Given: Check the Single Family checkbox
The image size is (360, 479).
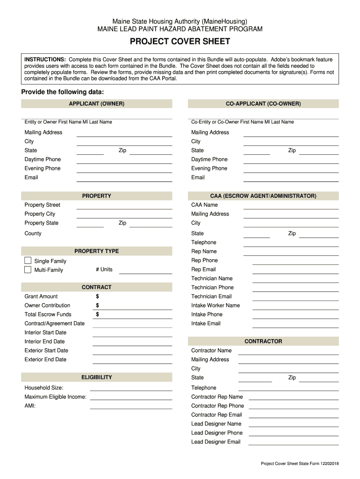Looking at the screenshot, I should point(28,261).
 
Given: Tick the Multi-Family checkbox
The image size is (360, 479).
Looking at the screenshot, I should point(28,270).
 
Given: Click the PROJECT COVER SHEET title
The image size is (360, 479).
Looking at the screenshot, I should point(180,42).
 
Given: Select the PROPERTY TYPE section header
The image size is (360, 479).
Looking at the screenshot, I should point(96,251).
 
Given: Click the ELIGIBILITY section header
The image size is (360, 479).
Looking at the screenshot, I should point(96,377).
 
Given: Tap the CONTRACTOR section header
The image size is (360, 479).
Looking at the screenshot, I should point(263,341).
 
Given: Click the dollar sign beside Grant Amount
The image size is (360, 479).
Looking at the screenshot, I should point(97,297).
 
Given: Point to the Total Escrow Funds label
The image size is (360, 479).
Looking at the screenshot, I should point(48,314).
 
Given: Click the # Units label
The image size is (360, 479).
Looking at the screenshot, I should point(104,269).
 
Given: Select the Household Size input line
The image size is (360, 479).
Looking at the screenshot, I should point(131,388).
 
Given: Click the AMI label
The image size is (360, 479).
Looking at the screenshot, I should point(30,406).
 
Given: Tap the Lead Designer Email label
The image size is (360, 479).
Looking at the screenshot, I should point(216,442).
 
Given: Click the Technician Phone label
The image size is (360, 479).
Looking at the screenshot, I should point(212,287).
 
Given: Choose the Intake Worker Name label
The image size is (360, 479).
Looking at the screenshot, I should point(215,305).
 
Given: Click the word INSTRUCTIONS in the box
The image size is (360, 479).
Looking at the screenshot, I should point(45,60).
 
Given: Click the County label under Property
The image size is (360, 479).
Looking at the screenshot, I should point(33,233).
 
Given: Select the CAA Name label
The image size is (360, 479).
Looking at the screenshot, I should point(204,205).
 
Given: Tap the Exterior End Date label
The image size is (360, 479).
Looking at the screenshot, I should point(45,359).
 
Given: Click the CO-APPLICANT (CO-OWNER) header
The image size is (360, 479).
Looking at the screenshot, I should point(263,103).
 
